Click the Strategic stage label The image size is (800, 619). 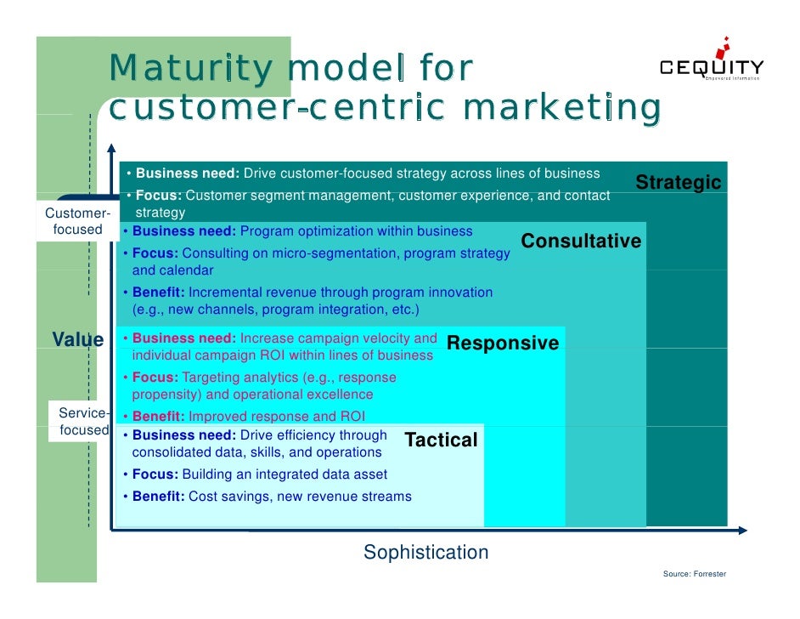click(678, 183)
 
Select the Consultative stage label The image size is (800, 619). click(581, 241)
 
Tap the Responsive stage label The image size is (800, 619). click(502, 344)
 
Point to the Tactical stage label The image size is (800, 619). click(441, 440)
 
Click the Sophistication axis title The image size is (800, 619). click(425, 553)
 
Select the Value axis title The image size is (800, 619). click(77, 340)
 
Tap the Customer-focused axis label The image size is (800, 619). click(77, 221)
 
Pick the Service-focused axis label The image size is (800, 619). click(83, 422)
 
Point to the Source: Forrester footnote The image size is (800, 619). click(694, 574)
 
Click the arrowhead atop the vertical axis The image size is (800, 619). click(111, 149)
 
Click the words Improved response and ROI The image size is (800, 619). click(276, 417)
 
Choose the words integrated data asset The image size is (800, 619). click(325, 474)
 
